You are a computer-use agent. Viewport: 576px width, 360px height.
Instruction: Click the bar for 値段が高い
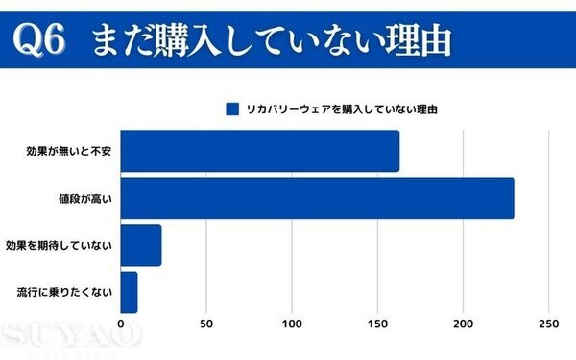click(x=317, y=199)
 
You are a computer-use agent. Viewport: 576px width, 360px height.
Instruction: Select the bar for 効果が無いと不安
click(x=259, y=151)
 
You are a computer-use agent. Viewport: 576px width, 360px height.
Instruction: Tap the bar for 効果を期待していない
click(x=140, y=246)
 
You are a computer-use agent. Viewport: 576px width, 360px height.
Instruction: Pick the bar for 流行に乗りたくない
click(x=129, y=292)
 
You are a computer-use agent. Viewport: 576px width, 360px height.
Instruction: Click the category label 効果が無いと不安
click(x=71, y=152)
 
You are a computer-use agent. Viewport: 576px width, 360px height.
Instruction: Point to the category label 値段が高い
click(x=85, y=199)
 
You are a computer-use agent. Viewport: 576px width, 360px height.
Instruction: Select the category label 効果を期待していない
click(x=60, y=246)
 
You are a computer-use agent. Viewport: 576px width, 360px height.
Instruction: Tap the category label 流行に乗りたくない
click(x=65, y=292)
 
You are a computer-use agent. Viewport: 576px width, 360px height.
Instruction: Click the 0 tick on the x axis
click(x=120, y=324)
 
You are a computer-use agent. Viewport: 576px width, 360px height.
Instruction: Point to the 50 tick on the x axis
click(x=205, y=324)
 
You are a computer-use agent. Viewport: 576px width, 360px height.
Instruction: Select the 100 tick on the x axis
click(x=292, y=324)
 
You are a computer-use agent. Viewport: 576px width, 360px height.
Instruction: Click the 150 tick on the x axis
click(x=377, y=324)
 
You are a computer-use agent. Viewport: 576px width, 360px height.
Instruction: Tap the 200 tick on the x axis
click(x=464, y=324)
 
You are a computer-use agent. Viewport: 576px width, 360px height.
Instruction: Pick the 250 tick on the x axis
click(x=549, y=324)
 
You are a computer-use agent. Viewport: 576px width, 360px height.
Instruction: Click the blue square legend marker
click(x=231, y=108)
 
